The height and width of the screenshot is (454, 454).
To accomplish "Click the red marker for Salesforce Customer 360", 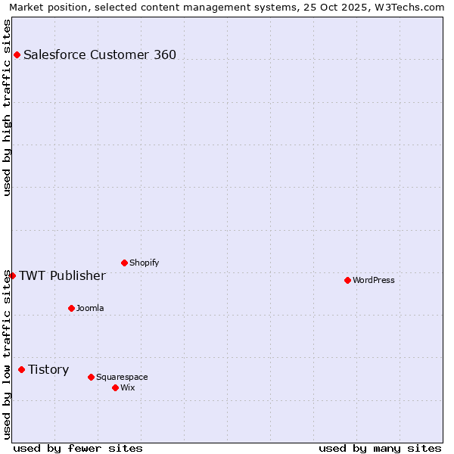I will [17, 54].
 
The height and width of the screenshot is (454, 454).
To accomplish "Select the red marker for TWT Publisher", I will [12, 275].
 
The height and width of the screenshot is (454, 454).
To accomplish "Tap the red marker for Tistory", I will [21, 369].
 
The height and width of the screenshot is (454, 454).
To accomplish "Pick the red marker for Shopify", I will [124, 263].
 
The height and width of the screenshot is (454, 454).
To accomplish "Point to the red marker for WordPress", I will [347, 280].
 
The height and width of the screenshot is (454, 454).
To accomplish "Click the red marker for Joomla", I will [71, 308].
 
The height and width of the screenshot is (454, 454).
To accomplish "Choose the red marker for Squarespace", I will [91, 377].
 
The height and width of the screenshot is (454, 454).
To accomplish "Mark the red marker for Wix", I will [115, 387].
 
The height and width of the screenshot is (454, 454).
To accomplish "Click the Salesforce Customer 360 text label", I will [100, 54].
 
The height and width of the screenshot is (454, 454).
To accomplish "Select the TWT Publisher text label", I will [62, 275].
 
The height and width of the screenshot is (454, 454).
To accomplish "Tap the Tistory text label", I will [48, 369].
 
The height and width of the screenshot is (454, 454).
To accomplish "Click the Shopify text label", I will [144, 263].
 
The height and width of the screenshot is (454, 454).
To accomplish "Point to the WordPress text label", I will [374, 280].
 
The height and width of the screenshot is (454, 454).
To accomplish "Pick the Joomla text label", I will [90, 308].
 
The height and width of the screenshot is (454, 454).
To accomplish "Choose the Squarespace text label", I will [122, 377].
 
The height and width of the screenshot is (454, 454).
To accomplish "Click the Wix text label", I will [128, 387].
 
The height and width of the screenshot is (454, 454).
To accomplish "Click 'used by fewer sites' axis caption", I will [78, 448].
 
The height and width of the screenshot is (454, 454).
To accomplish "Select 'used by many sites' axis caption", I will [380, 448].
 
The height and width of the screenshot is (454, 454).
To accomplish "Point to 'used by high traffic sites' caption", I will [7, 107].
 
